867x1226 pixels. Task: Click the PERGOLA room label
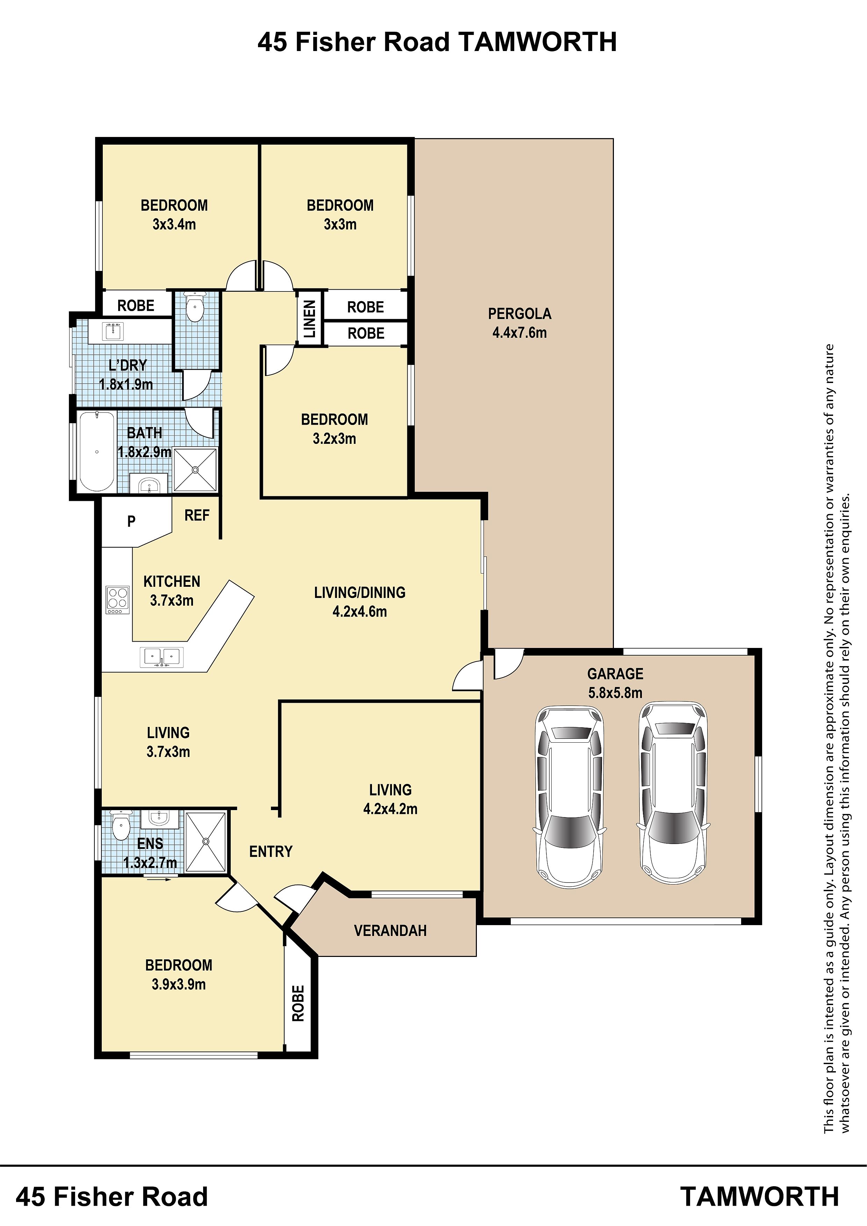(519, 313)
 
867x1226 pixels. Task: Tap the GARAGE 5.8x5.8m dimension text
(615, 693)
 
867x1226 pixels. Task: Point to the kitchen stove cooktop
(117, 600)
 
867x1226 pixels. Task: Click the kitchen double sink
(161, 657)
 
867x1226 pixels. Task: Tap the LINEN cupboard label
(310, 319)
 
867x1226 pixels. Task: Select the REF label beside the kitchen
(196, 515)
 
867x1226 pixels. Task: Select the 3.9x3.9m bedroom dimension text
(178, 984)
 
